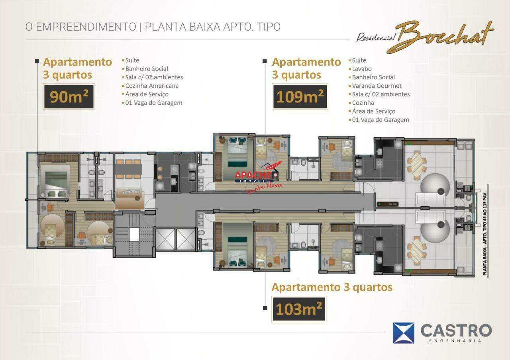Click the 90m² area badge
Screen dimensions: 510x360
(69, 96)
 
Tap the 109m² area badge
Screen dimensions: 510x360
(300, 96)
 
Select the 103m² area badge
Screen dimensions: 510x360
(299, 309)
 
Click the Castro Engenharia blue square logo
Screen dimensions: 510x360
(404, 333)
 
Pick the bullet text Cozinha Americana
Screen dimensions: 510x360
(152, 86)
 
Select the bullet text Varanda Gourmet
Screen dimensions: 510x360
(377, 86)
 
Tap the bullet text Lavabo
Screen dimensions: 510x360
(362, 69)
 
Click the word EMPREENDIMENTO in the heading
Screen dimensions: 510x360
(86, 27)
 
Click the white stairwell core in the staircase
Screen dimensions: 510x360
(134, 235)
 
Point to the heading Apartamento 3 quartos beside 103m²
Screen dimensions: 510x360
(332, 287)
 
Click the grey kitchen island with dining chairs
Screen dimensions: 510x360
(128, 170)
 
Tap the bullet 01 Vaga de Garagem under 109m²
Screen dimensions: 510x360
(381, 120)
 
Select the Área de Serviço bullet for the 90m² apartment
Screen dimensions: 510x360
(147, 94)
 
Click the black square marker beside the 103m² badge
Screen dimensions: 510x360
(265, 308)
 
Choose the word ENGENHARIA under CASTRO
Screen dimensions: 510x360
(455, 341)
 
